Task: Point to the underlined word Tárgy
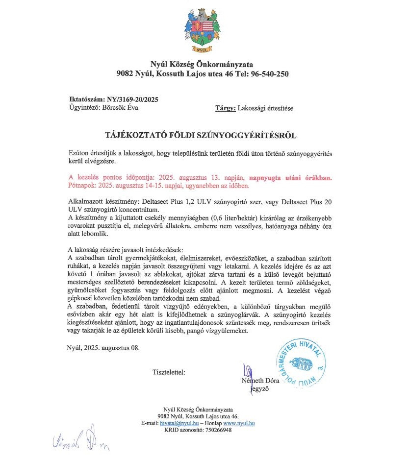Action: click(225, 108)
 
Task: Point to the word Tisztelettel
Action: click(169, 372)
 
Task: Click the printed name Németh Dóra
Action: click(260, 381)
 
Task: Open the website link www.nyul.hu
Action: click(239, 423)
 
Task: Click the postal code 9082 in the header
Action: click(126, 74)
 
